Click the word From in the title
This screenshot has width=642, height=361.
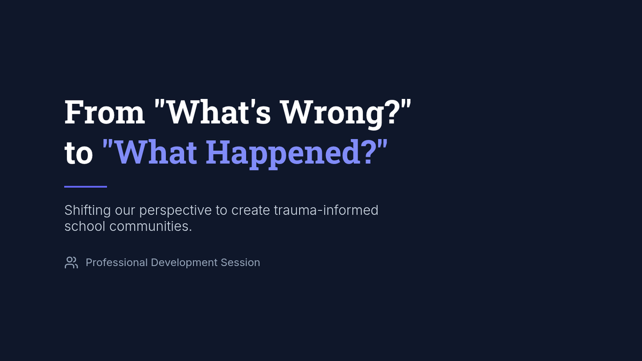click(105, 112)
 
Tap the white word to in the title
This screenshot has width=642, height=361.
click(79, 153)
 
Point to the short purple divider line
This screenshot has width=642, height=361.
click(86, 187)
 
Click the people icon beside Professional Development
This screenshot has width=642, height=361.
click(71, 263)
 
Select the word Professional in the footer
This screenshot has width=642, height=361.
click(117, 263)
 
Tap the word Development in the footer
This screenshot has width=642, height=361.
click(184, 263)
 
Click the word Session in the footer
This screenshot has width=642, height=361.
click(240, 263)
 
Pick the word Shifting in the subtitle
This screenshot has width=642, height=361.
click(88, 211)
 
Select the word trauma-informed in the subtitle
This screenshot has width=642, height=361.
click(326, 210)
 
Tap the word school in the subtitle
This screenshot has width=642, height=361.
click(85, 226)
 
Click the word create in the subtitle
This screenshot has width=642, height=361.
click(250, 211)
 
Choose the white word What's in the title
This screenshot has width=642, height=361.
click(218, 112)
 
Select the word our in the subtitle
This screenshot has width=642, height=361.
click(125, 211)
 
